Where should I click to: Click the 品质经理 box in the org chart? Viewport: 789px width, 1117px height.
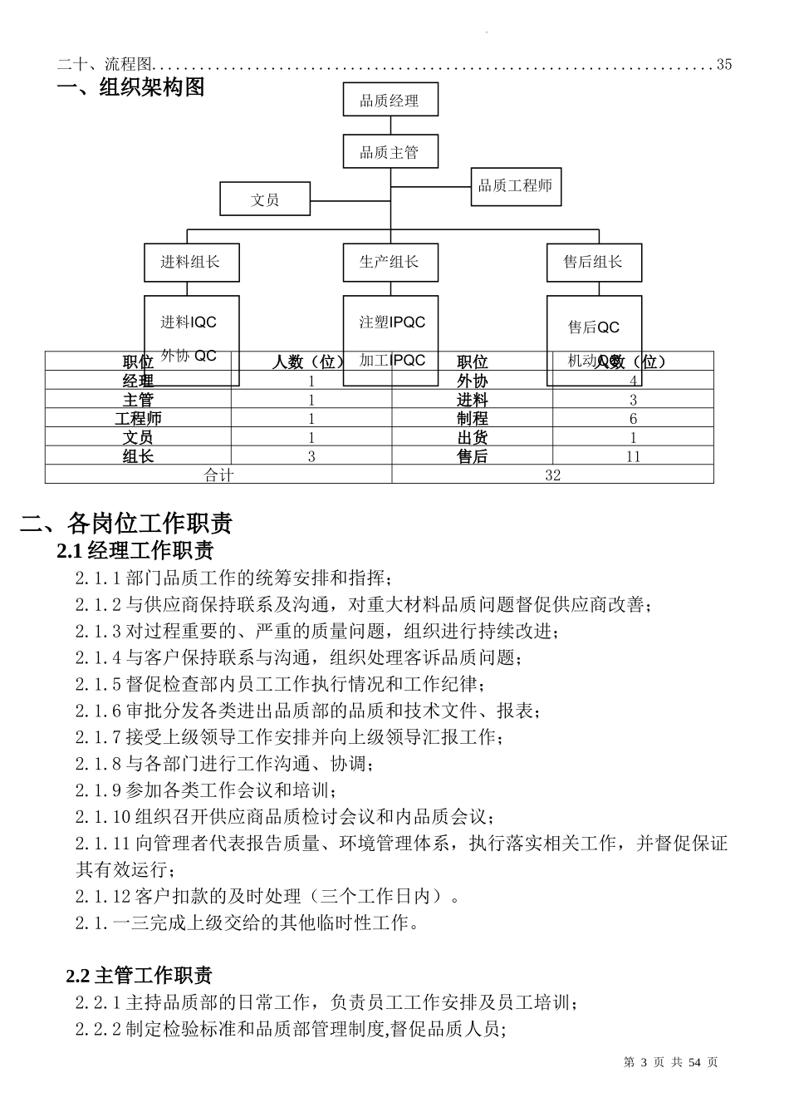click(390, 101)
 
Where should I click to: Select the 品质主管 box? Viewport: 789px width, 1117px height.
click(390, 152)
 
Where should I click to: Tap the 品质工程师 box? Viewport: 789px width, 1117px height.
click(515, 186)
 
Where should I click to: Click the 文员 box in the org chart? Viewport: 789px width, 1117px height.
click(265, 199)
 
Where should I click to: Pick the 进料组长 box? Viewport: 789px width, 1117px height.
click(191, 262)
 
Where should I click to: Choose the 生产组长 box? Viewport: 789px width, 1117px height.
click(390, 262)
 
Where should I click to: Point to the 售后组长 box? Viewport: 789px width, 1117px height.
click(593, 262)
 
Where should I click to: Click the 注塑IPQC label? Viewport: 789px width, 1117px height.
click(392, 322)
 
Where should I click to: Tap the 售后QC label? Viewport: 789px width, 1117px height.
click(593, 327)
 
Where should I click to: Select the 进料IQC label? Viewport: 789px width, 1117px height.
click(189, 322)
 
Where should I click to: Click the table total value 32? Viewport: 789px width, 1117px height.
click(552, 475)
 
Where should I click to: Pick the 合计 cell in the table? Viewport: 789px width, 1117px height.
click(218, 475)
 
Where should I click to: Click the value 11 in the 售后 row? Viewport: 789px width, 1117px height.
click(633, 456)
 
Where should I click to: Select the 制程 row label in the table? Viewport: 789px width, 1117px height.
click(472, 419)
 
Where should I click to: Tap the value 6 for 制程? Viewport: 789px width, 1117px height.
click(633, 419)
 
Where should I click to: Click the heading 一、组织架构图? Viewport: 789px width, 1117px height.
click(130, 87)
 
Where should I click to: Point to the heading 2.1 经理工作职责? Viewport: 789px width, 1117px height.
click(135, 550)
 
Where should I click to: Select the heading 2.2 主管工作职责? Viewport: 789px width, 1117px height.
click(139, 975)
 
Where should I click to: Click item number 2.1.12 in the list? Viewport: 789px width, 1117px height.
click(102, 896)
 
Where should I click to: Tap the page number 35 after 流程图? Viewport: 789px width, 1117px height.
click(723, 65)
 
